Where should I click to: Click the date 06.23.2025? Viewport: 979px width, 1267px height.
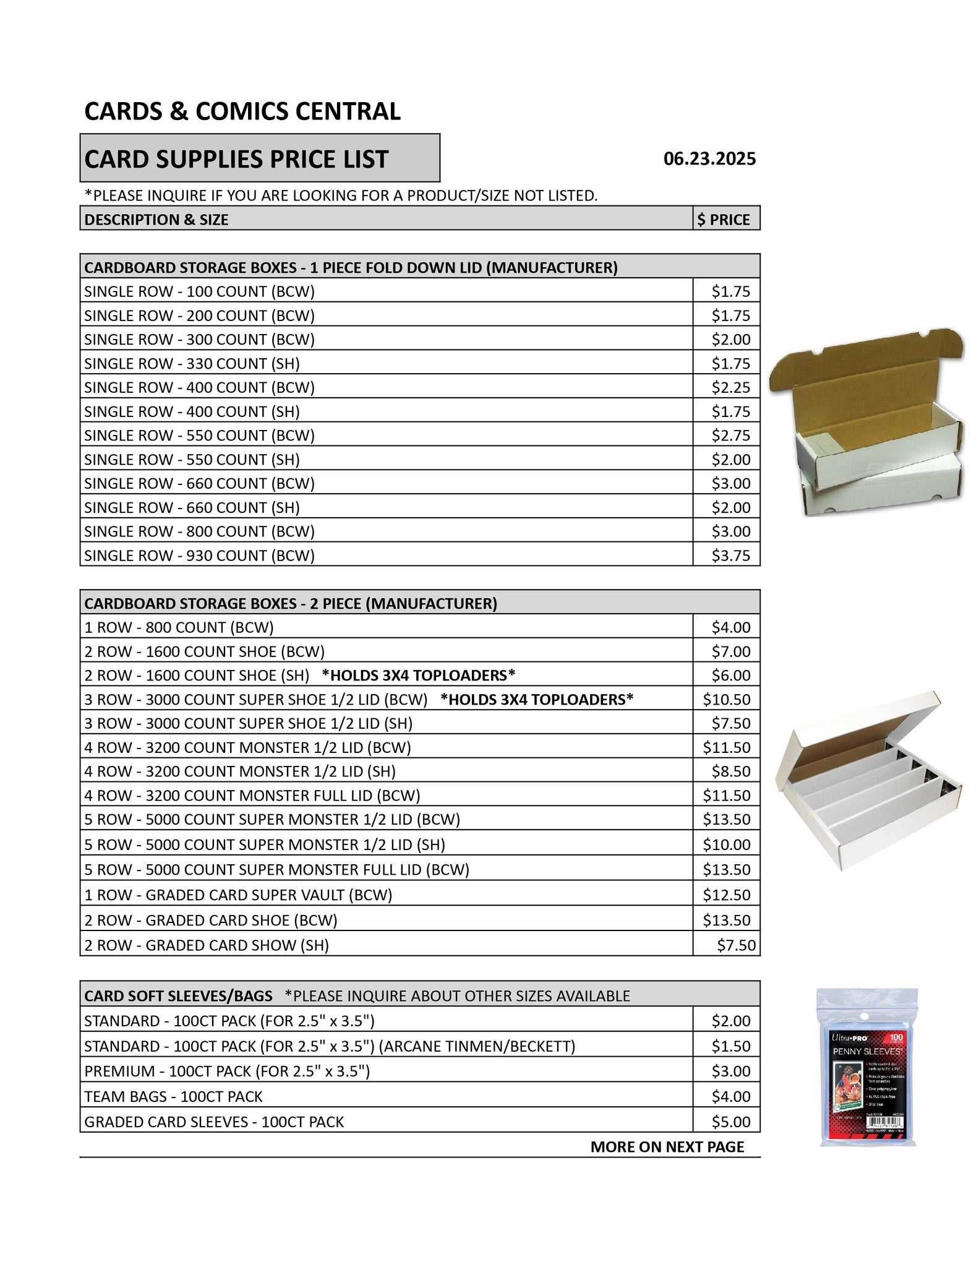(x=709, y=159)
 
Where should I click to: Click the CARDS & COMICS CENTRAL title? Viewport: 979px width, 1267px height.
(x=242, y=111)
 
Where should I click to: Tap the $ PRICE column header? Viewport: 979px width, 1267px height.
(x=724, y=220)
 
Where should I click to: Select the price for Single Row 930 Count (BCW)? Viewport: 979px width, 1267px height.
(x=730, y=556)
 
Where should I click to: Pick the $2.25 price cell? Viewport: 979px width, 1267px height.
(x=730, y=387)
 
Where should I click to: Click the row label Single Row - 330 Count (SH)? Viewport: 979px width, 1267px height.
(x=192, y=363)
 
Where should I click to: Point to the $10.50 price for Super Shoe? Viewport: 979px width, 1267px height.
(x=726, y=700)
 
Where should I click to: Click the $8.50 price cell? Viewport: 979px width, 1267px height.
(x=730, y=771)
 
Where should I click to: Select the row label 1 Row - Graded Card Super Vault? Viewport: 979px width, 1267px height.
(x=238, y=895)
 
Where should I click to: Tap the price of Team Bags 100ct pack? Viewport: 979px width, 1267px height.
(x=730, y=1096)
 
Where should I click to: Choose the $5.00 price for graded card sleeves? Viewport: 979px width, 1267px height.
(x=730, y=1122)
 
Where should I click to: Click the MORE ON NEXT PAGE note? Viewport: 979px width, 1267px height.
(x=667, y=1147)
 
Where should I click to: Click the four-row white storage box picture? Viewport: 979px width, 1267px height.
(x=869, y=780)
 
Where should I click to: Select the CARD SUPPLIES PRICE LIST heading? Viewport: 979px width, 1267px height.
(x=236, y=159)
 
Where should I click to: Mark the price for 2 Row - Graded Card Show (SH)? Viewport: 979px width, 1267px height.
(x=736, y=945)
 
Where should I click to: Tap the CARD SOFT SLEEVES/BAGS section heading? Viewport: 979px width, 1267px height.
(x=178, y=996)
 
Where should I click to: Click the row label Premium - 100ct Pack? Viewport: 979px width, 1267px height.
(x=227, y=1071)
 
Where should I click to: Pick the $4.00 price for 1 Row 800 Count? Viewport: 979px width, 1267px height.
(x=730, y=627)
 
